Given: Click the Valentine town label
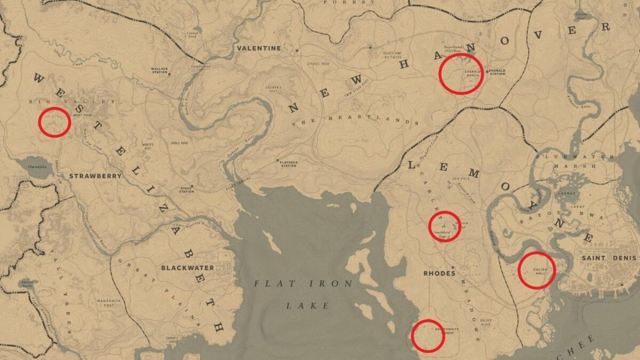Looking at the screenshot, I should (259, 48).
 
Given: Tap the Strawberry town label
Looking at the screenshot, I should (88, 175).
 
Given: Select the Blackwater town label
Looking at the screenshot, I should (187, 268).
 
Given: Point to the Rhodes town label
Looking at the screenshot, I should (439, 274).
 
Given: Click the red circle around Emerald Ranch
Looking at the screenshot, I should (461, 74).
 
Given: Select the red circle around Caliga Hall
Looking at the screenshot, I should (537, 270).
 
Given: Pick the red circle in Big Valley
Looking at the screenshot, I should (54, 122).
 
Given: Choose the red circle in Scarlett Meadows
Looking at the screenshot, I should (444, 226).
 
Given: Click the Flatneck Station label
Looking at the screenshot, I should (289, 164).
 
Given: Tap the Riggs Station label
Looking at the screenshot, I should (186, 190).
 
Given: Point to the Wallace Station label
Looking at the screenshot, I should (159, 70).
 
